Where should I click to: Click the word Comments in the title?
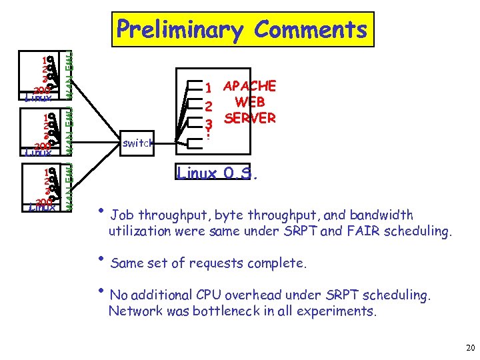click(x=311, y=30)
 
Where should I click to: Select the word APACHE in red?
click(x=249, y=86)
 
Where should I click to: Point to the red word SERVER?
click(x=249, y=118)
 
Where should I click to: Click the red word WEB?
click(x=250, y=102)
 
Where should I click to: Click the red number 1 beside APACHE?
click(x=208, y=88)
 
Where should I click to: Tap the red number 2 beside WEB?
click(x=208, y=105)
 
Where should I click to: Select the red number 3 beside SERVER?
click(x=208, y=123)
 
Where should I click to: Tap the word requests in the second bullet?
click(x=217, y=263)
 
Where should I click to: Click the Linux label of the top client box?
click(x=37, y=97)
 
